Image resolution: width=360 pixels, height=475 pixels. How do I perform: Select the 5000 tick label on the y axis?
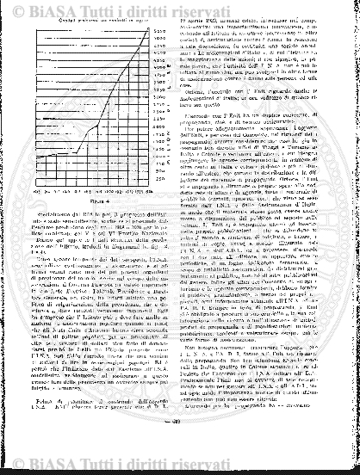pos(158,38)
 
